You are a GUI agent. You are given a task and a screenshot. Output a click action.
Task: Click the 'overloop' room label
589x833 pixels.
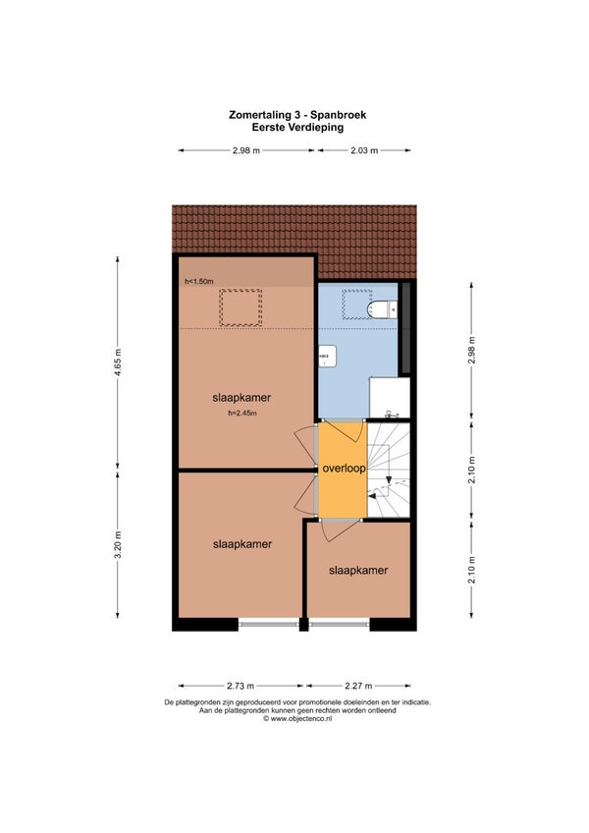point(345,469)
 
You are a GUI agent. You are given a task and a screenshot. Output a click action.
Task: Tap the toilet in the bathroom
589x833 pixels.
point(384,308)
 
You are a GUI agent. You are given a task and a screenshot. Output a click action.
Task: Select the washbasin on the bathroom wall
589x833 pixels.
point(327,356)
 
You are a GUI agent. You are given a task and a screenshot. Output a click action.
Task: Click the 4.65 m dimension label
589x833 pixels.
point(118,362)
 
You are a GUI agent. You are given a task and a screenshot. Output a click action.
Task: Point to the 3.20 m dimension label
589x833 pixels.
point(118,544)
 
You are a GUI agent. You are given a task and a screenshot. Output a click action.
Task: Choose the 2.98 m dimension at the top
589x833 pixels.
point(246,150)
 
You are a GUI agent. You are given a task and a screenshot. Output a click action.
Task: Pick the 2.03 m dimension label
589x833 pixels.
point(364,150)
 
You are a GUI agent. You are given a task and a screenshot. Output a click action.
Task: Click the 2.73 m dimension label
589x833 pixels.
point(241,686)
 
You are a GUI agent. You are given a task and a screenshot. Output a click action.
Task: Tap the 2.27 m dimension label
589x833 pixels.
point(358,686)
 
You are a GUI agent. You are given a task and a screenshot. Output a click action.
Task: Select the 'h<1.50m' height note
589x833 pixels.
point(199,281)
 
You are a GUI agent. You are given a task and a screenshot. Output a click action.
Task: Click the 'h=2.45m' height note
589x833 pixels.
point(242,413)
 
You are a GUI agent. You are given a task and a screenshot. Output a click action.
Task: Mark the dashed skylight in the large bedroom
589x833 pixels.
point(241,307)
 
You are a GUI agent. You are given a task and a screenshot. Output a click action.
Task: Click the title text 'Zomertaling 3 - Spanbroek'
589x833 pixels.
point(297,114)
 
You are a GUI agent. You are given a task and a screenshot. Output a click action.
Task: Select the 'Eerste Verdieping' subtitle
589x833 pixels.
point(297,127)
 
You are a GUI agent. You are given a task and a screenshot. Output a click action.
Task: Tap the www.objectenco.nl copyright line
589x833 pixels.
point(297,719)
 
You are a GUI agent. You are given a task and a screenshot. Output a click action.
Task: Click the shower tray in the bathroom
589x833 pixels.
point(390,398)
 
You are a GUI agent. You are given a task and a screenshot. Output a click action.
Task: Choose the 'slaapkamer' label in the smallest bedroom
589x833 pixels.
point(358,570)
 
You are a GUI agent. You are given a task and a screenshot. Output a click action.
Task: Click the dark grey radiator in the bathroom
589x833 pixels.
point(404,328)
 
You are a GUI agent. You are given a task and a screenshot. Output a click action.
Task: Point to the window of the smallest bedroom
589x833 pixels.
point(340,624)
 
